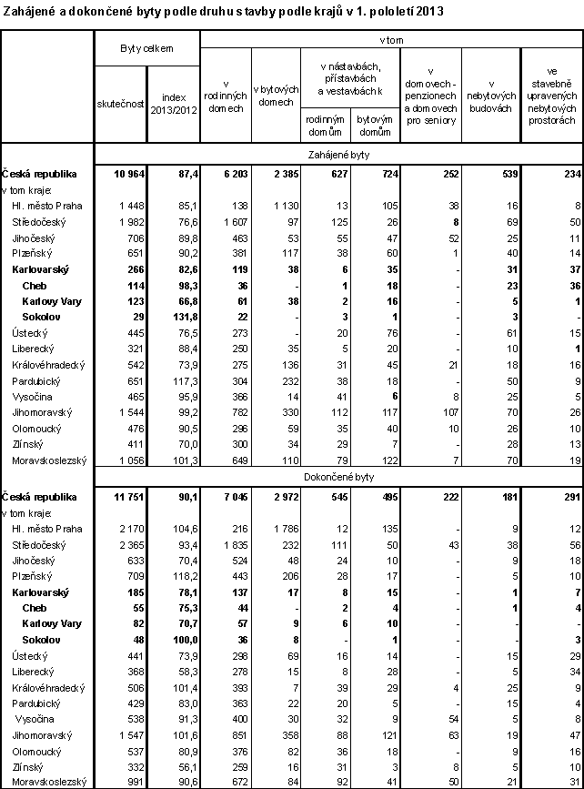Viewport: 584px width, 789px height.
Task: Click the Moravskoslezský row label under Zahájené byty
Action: click(47, 460)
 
